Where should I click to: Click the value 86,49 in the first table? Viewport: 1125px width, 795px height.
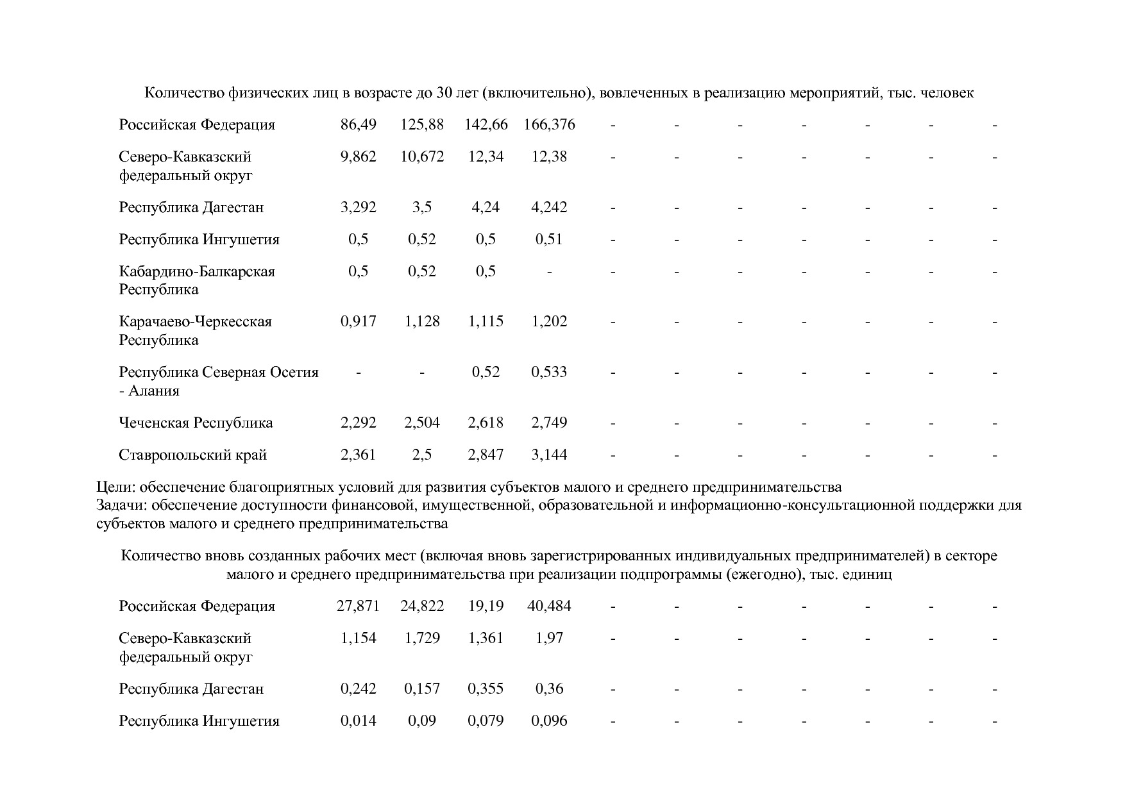tap(358, 124)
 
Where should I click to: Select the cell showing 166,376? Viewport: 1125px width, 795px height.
tap(549, 124)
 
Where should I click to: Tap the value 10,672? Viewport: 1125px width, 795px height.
tap(422, 156)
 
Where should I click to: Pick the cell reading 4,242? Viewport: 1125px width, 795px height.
tap(549, 207)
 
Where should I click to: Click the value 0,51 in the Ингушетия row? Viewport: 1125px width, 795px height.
tap(549, 239)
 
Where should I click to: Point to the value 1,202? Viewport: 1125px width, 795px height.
tap(549, 321)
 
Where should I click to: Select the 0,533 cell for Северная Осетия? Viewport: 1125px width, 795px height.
tap(549, 372)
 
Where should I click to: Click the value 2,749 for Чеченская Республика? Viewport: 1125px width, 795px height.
tap(549, 423)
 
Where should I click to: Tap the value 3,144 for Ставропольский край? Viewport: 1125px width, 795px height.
tap(549, 455)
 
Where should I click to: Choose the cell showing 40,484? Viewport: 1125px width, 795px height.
tap(549, 606)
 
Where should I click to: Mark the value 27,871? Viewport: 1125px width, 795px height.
tap(358, 606)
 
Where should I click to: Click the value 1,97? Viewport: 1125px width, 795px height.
tap(549, 638)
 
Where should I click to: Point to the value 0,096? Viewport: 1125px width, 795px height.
tap(549, 721)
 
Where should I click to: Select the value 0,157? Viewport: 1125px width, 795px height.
tap(422, 689)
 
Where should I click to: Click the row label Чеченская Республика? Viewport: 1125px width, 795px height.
tap(196, 423)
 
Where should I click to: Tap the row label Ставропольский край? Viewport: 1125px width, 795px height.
tap(192, 455)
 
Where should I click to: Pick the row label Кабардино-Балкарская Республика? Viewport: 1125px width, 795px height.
tap(196, 280)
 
